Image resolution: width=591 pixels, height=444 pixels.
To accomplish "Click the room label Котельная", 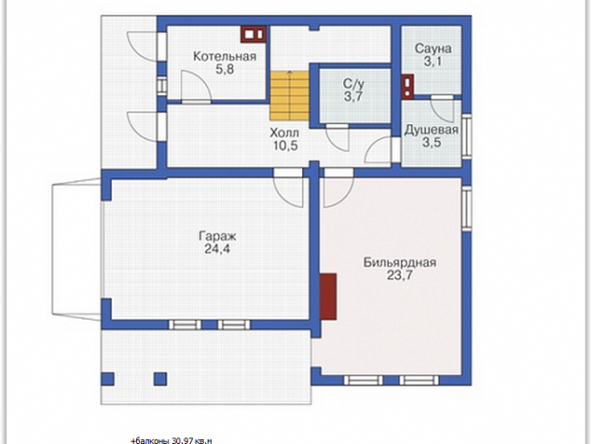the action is (225, 57).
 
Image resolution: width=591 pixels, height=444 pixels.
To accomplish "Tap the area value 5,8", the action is (225, 69).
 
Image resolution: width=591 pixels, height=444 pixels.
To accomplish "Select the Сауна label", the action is (433, 49).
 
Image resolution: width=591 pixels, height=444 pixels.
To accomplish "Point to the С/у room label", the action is (353, 84).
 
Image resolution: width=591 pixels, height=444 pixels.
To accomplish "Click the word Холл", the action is (284, 132).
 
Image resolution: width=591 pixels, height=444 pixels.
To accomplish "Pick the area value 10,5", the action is (285, 146).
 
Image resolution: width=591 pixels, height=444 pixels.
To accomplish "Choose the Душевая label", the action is (432, 131).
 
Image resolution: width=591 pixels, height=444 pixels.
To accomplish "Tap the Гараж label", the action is (217, 237).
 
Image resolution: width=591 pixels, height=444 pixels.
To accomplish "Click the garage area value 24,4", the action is (217, 249).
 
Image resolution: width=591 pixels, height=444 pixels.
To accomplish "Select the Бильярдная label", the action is (400, 262).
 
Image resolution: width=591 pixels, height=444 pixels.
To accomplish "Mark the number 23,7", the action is (400, 275).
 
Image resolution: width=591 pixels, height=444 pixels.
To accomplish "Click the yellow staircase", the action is (289, 95).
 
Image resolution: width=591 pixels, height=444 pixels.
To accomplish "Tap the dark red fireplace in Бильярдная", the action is (328, 297).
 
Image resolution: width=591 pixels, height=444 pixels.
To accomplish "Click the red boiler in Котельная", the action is (254, 35).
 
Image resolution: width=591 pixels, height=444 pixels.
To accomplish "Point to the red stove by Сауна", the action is (407, 87).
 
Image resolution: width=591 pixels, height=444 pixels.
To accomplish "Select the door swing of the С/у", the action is (337, 138).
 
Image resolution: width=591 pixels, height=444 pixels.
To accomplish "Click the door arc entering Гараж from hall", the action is (288, 191).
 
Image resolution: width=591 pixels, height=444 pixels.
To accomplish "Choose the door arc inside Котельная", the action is (196, 85).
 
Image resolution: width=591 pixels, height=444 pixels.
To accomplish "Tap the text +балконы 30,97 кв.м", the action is (172, 440).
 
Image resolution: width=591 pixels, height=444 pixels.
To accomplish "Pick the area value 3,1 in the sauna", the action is (433, 62).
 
